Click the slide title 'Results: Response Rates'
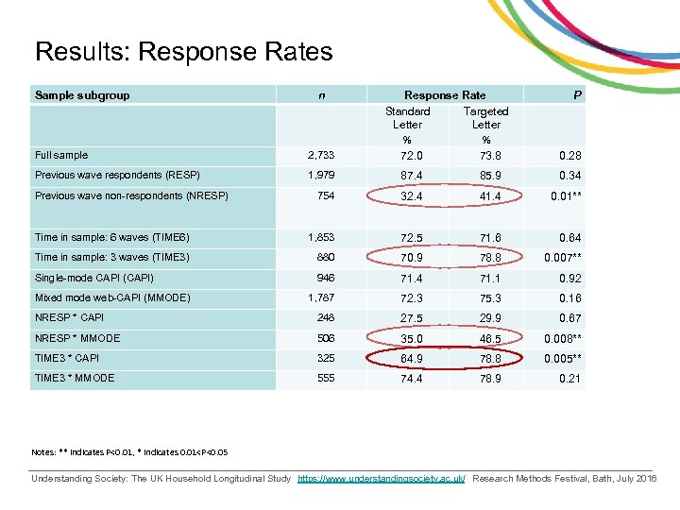tap(183, 52)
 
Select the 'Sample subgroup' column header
tap(82, 95)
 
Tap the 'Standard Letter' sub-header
tap(407, 118)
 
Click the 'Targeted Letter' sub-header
tap(485, 118)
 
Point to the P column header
tap(576, 95)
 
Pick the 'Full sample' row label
tap(61, 155)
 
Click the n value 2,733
tap(321, 156)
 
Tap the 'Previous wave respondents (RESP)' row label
tap(117, 176)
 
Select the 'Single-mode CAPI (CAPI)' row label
tap(93, 278)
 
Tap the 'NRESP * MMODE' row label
tap(77, 338)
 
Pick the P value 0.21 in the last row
tap(569, 379)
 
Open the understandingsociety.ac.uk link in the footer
tap(381, 480)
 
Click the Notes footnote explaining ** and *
tap(127, 451)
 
